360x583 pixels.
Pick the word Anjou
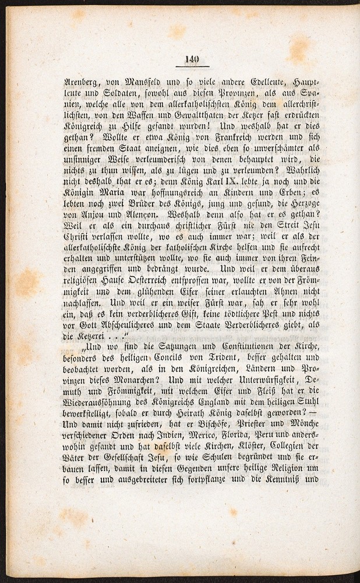(87, 224)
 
